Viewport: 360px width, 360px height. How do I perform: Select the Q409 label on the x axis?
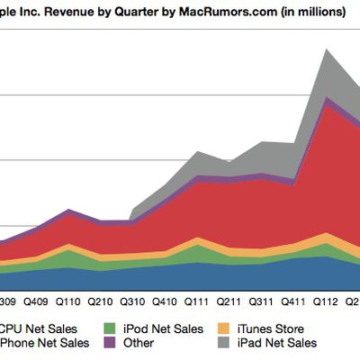click(38, 303)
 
